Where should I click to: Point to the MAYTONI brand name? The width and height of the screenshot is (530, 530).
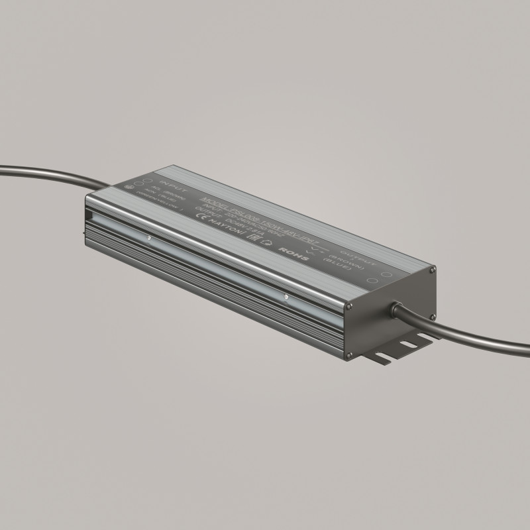pyautogui.click(x=223, y=225)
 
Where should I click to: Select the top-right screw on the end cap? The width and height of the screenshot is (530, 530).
pyautogui.click(x=433, y=270)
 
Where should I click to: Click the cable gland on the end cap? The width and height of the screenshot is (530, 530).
pyautogui.click(x=397, y=309)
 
